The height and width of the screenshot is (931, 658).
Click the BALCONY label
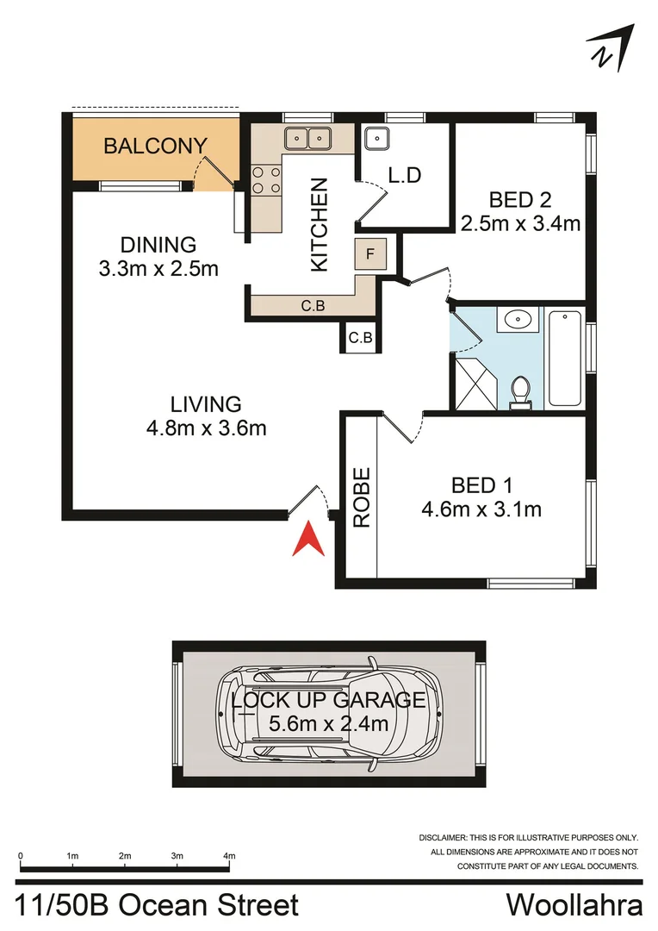pos(155,146)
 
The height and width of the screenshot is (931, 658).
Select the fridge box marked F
pos(369,254)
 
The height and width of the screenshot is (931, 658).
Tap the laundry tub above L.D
pos(377,138)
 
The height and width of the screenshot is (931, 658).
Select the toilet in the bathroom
pos(519,392)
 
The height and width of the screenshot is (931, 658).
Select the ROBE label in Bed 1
pos(362,497)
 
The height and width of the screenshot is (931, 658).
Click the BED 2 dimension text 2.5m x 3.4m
pos(520,223)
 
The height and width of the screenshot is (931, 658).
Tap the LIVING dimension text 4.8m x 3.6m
pos(206,427)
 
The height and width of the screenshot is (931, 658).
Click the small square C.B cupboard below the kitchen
pos(360,337)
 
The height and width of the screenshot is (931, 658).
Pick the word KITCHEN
pos(320,224)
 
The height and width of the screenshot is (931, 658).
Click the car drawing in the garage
pos(326,714)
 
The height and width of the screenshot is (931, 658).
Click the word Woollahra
pos(574,906)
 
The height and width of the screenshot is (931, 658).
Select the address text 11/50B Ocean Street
pos(158,906)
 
